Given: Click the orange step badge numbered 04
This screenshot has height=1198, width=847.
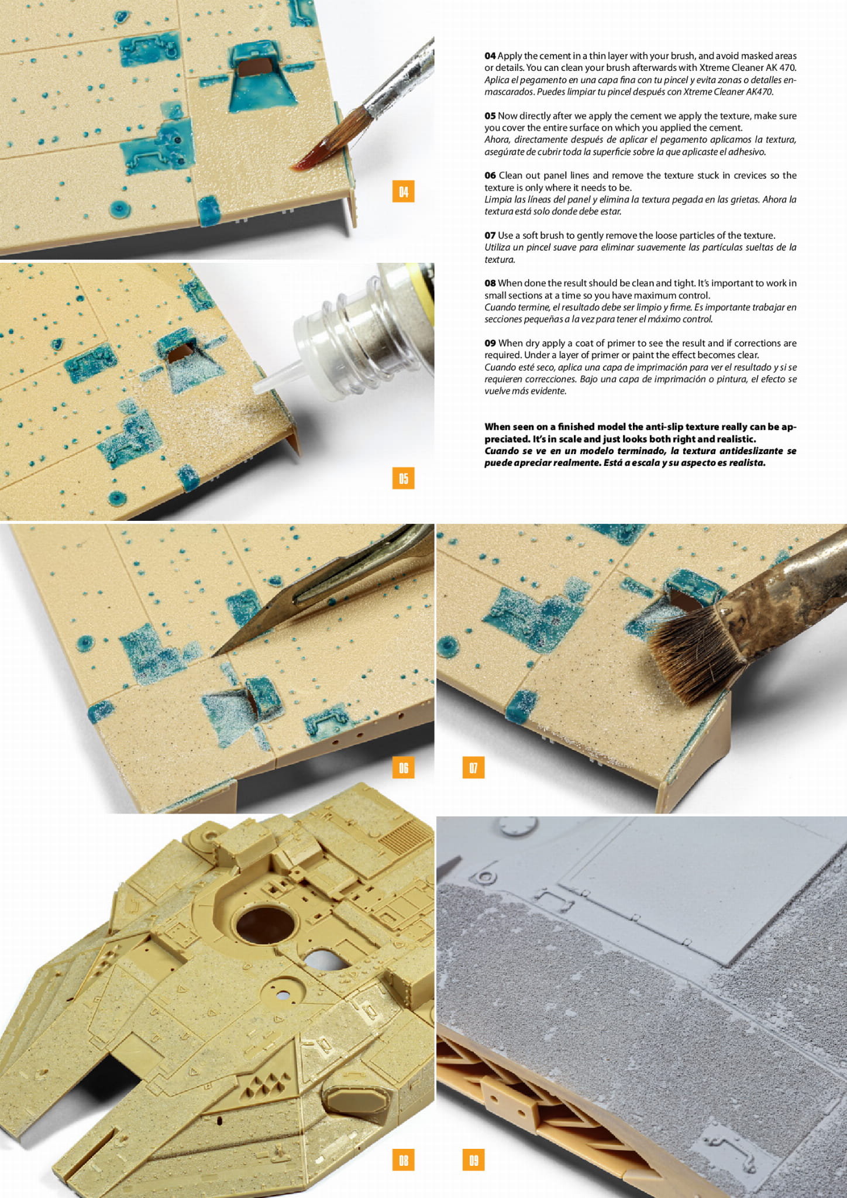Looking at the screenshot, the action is (x=404, y=191).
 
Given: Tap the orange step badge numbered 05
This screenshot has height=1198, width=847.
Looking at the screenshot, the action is (x=404, y=478).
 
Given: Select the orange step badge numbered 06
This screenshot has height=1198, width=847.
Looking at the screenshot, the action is (x=404, y=767).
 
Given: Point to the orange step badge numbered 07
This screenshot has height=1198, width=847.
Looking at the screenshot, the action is (x=473, y=767).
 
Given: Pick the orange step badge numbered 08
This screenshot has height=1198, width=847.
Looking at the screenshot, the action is (x=404, y=1159).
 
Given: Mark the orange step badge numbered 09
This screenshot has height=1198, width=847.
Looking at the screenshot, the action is (x=473, y=1159).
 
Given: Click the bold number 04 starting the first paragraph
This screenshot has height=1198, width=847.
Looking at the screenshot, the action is (x=490, y=56).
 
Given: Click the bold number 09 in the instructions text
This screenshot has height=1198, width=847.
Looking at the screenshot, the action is (x=490, y=343).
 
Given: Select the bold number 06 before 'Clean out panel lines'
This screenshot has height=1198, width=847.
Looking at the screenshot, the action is (x=490, y=176).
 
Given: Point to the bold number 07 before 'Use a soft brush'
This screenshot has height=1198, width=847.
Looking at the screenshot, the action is (x=490, y=235).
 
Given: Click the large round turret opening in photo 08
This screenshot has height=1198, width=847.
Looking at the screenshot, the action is (x=265, y=924).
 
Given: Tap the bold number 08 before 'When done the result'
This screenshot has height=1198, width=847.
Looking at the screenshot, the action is (x=490, y=283).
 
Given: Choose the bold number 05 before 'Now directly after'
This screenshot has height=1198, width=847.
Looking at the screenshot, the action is (x=490, y=116).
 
